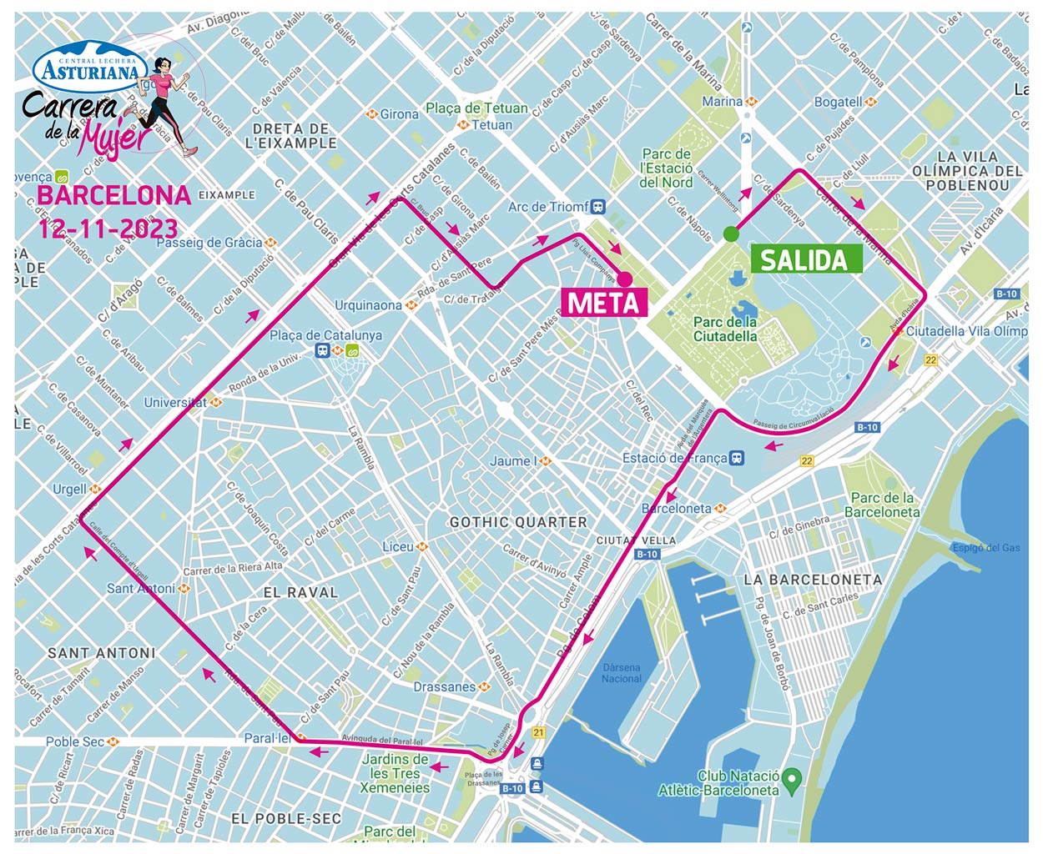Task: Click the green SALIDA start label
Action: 804,260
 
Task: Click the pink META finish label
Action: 604,303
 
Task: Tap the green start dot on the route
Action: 731,234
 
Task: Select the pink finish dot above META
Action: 624,279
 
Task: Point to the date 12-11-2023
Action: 108,229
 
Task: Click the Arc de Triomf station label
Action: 549,207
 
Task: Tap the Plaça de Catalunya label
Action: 325,335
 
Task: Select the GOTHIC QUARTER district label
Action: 518,522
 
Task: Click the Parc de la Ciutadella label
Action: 725,329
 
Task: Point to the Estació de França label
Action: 674,458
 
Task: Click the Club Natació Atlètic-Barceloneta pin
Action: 794,779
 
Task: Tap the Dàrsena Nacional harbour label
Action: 621,673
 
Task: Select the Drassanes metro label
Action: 445,687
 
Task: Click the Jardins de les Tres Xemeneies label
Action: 396,773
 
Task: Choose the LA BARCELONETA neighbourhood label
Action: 812,580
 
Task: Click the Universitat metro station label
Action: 175,402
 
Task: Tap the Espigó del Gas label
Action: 986,548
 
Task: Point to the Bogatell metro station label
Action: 839,102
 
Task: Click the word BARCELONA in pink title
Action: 114,195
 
